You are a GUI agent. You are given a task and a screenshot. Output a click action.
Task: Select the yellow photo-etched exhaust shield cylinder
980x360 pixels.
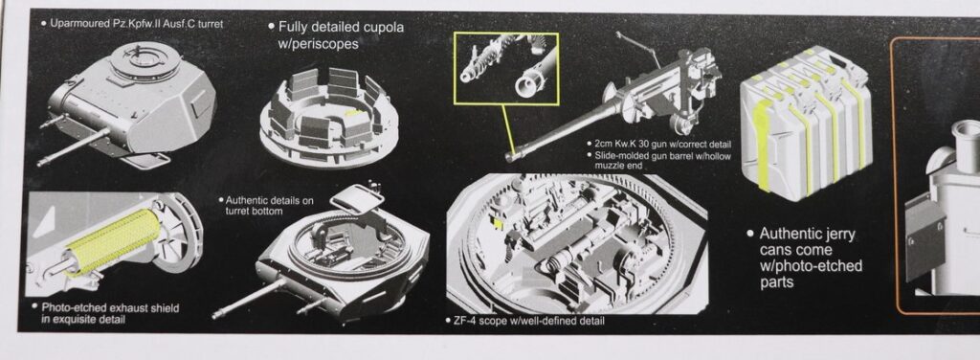(113, 241)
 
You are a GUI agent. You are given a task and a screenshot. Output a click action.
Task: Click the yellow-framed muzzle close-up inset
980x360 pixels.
(506, 69)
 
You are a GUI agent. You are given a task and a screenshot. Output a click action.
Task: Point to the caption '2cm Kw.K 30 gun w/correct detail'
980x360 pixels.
(662, 145)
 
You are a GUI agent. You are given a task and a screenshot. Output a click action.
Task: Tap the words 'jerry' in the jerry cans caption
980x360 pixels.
(838, 235)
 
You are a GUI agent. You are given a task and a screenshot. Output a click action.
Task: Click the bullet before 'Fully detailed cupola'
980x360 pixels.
(271, 27)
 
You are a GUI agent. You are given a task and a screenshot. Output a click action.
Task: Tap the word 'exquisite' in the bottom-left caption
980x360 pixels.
(77, 320)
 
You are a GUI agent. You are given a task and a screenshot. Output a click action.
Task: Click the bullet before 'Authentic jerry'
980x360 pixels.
(750, 234)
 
